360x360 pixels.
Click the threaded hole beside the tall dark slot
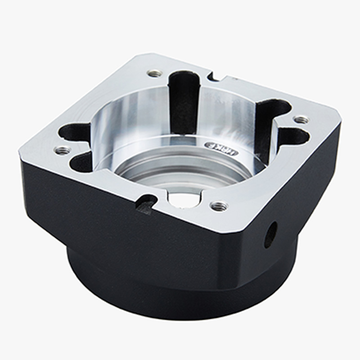(x=155, y=73)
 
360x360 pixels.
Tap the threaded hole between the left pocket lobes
(x=63, y=150)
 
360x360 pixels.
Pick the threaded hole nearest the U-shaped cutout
(x=219, y=206)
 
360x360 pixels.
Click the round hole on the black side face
(x=271, y=234)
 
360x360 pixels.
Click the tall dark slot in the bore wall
(x=183, y=101)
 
